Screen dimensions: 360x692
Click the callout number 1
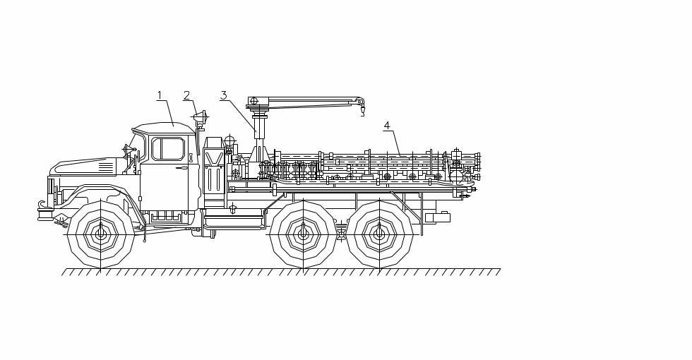coord(160,95)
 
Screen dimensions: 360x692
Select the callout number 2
coord(186,95)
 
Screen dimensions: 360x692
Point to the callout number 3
coord(223,95)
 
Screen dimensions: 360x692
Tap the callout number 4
coord(386,126)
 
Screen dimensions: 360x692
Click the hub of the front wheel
coord(100,234)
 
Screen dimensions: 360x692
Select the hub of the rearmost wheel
coord(379,234)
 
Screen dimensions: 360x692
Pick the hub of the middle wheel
coord(303,234)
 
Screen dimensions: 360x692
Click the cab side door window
coord(168,149)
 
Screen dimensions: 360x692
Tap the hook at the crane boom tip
coord(362,110)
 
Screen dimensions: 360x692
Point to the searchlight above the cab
coord(201,117)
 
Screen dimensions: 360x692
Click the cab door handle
coord(182,168)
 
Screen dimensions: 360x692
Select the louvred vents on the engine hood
coord(105,167)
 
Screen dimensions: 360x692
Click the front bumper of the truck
coord(46,211)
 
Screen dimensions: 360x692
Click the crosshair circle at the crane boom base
coord(253,101)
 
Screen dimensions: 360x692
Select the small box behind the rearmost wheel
coord(438,217)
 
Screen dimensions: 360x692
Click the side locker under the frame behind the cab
coord(234,221)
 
